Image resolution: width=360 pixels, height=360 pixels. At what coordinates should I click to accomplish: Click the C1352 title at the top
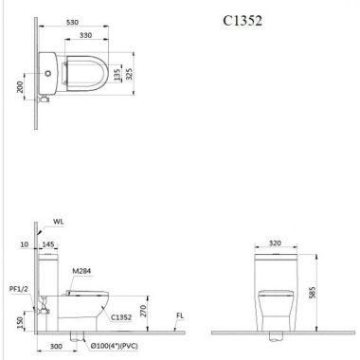243,21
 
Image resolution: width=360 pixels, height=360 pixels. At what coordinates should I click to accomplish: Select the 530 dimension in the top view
73,23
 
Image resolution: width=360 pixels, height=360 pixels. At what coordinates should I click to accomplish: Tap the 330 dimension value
86,35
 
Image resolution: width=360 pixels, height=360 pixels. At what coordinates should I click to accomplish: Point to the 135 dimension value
117,75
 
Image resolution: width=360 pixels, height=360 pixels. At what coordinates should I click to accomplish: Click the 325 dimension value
129,74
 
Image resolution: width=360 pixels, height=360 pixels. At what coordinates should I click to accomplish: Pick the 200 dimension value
20,87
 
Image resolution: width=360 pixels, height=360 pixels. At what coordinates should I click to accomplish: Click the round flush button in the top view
48,74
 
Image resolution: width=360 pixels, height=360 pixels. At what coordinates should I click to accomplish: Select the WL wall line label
59,222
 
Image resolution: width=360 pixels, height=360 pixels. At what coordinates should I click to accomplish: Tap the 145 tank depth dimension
48,244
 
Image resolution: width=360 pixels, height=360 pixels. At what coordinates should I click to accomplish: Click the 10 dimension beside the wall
25,244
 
